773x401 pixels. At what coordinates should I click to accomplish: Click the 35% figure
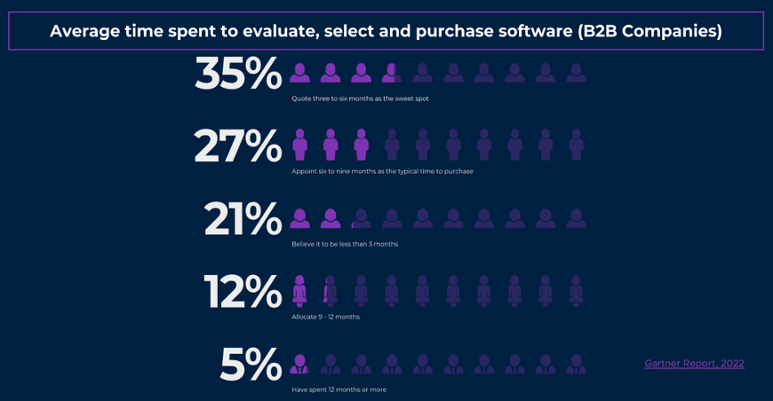pos(238,74)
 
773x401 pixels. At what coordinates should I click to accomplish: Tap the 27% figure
pos(238,146)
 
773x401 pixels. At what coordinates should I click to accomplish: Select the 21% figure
pos(243,219)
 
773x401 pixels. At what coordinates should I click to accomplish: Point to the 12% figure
pos(243,292)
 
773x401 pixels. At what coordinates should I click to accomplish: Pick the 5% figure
pos(251,365)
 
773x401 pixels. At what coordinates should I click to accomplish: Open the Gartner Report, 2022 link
pos(694,364)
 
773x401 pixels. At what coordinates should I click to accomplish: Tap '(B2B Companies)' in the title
pos(649,31)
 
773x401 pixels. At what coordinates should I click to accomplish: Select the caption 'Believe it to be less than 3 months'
pos(345,244)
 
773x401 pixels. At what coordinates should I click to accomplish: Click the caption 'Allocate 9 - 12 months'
pos(325,317)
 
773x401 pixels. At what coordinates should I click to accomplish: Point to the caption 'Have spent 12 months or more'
pos(339,389)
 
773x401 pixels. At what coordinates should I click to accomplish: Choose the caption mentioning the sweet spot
pos(360,98)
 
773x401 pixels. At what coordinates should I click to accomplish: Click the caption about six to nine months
pos(382,171)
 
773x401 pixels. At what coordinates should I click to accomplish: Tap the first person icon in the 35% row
pos(300,73)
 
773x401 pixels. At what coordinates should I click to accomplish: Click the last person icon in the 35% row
pos(576,73)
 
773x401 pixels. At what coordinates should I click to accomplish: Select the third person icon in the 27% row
pos(361,145)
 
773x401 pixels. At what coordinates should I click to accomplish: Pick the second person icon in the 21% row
pos(331,218)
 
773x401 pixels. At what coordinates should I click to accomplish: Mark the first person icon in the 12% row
pos(299,291)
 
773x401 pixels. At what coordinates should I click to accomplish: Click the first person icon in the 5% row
pos(299,364)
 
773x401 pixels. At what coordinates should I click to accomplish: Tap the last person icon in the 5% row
pos(576,364)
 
